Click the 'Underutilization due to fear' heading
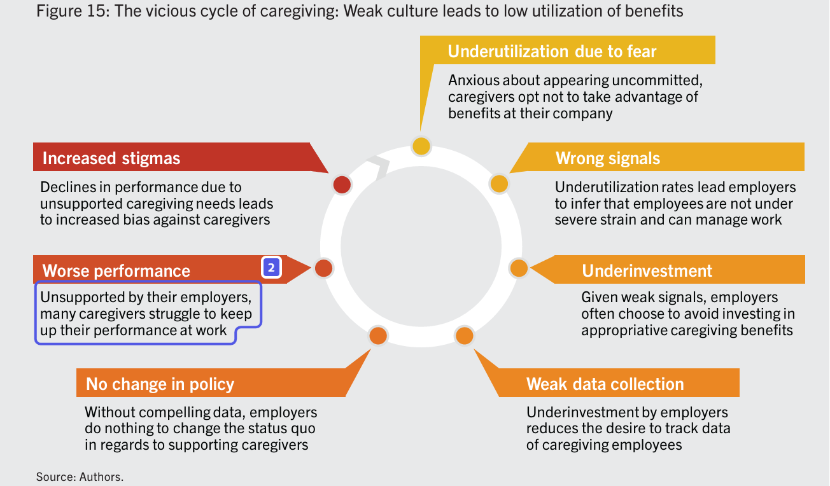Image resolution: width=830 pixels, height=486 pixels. click(552, 52)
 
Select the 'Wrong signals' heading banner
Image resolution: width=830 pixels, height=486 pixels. click(608, 158)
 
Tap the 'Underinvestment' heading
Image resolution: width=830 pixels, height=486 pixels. click(647, 270)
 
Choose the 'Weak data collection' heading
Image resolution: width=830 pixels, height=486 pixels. click(605, 384)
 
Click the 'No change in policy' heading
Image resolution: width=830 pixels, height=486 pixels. click(160, 384)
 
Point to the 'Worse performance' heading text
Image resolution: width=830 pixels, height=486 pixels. click(116, 270)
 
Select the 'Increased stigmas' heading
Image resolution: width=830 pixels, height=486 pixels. click(111, 158)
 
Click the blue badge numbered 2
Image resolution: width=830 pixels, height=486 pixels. click(271, 268)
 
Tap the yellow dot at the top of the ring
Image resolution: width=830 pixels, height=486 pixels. click(421, 146)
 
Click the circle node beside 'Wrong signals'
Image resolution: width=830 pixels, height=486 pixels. click(499, 184)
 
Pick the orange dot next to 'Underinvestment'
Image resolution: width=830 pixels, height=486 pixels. click(519, 268)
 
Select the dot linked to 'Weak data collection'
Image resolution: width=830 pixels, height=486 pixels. click(464, 335)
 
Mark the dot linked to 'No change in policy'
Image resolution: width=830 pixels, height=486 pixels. click(378, 335)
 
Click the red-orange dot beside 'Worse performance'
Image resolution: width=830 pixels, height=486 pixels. click(323, 268)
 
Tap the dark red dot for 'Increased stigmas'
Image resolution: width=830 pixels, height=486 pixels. click(342, 184)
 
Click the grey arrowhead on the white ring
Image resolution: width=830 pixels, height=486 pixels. click(380, 168)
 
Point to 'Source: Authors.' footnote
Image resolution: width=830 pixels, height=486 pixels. click(80, 476)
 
